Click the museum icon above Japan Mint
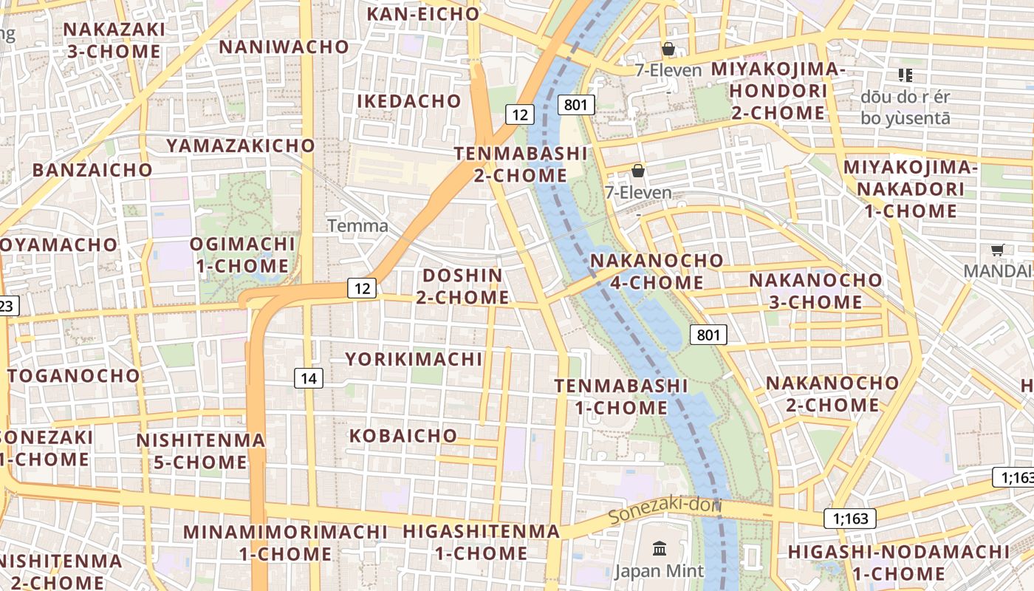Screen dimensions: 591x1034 pos(660,549)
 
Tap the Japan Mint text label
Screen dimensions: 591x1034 pos(660,571)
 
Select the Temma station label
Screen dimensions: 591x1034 pos(357,225)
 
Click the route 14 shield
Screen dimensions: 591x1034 pos(309,379)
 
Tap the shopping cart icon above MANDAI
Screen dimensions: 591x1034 pos(997,250)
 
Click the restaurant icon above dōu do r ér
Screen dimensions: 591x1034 pos(905,75)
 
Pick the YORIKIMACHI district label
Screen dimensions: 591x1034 pos(414,360)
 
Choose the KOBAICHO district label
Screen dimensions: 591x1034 pos(403,436)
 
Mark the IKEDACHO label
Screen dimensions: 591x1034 pos(409,101)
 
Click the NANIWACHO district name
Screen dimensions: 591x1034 pos(284,47)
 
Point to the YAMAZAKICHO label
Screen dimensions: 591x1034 pos(241,146)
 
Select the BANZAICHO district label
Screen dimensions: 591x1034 pos(92,170)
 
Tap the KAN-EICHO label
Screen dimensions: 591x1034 pos(423,14)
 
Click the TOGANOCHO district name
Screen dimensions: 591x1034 pos(74,375)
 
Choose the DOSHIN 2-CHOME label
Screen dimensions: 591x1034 pos(462,287)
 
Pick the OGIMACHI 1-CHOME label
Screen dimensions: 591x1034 pos(242,255)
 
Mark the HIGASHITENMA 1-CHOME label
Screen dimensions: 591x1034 pos(481,542)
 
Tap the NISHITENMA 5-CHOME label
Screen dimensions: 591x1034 pos(201,451)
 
